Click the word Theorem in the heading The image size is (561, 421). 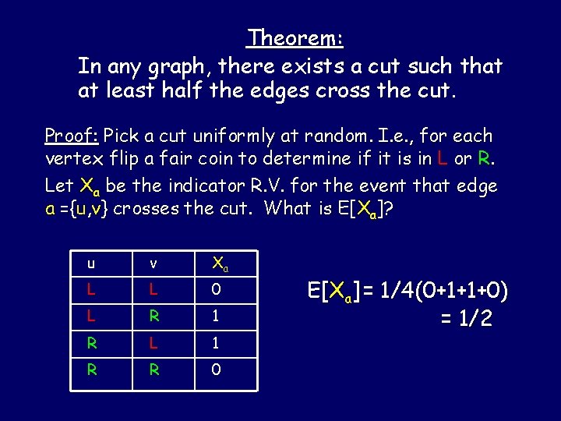[x=295, y=37]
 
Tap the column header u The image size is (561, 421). [x=91, y=264]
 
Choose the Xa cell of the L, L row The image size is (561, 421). [x=217, y=290]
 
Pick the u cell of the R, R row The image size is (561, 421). [x=92, y=369]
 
